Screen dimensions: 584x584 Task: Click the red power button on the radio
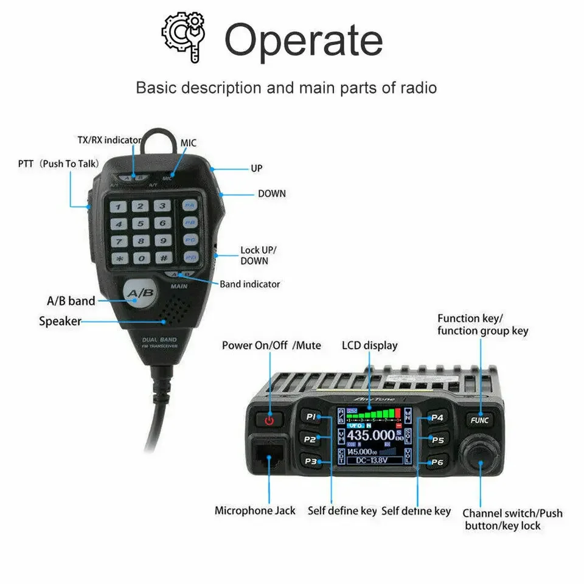[269, 419]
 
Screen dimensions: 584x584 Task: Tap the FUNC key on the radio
[479, 420]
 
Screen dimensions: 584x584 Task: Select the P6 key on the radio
[437, 462]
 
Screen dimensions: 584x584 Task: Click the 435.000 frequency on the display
[370, 435]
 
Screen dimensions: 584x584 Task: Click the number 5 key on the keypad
[141, 223]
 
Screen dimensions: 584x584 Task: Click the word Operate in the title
[303, 40]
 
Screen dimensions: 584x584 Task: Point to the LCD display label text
[369, 346]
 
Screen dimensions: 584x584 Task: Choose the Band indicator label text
[249, 284]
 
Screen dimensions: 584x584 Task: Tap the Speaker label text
[60, 321]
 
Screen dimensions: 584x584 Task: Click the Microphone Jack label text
[255, 510]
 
